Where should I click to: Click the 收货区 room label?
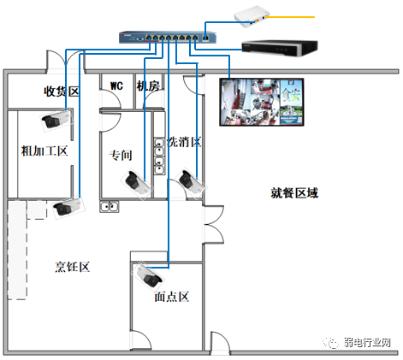(x=62, y=91)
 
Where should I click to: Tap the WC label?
(x=116, y=86)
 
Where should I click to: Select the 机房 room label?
(x=148, y=86)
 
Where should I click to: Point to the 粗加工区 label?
(x=44, y=150)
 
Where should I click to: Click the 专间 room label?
(x=121, y=156)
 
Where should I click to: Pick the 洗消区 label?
(x=184, y=142)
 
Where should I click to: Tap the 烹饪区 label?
(x=73, y=267)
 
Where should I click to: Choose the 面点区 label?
(x=172, y=297)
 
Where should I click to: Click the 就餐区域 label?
(x=294, y=193)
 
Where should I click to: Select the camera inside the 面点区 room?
(x=148, y=276)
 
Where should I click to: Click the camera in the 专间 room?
(x=136, y=184)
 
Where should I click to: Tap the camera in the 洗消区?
(x=191, y=183)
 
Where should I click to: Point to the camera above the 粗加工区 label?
(x=56, y=120)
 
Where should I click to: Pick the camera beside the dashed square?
(x=68, y=207)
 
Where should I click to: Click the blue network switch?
(x=168, y=38)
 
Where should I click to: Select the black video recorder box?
(x=280, y=49)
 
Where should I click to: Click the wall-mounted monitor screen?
(x=262, y=102)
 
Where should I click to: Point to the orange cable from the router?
(x=290, y=17)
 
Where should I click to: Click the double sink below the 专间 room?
(x=110, y=207)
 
